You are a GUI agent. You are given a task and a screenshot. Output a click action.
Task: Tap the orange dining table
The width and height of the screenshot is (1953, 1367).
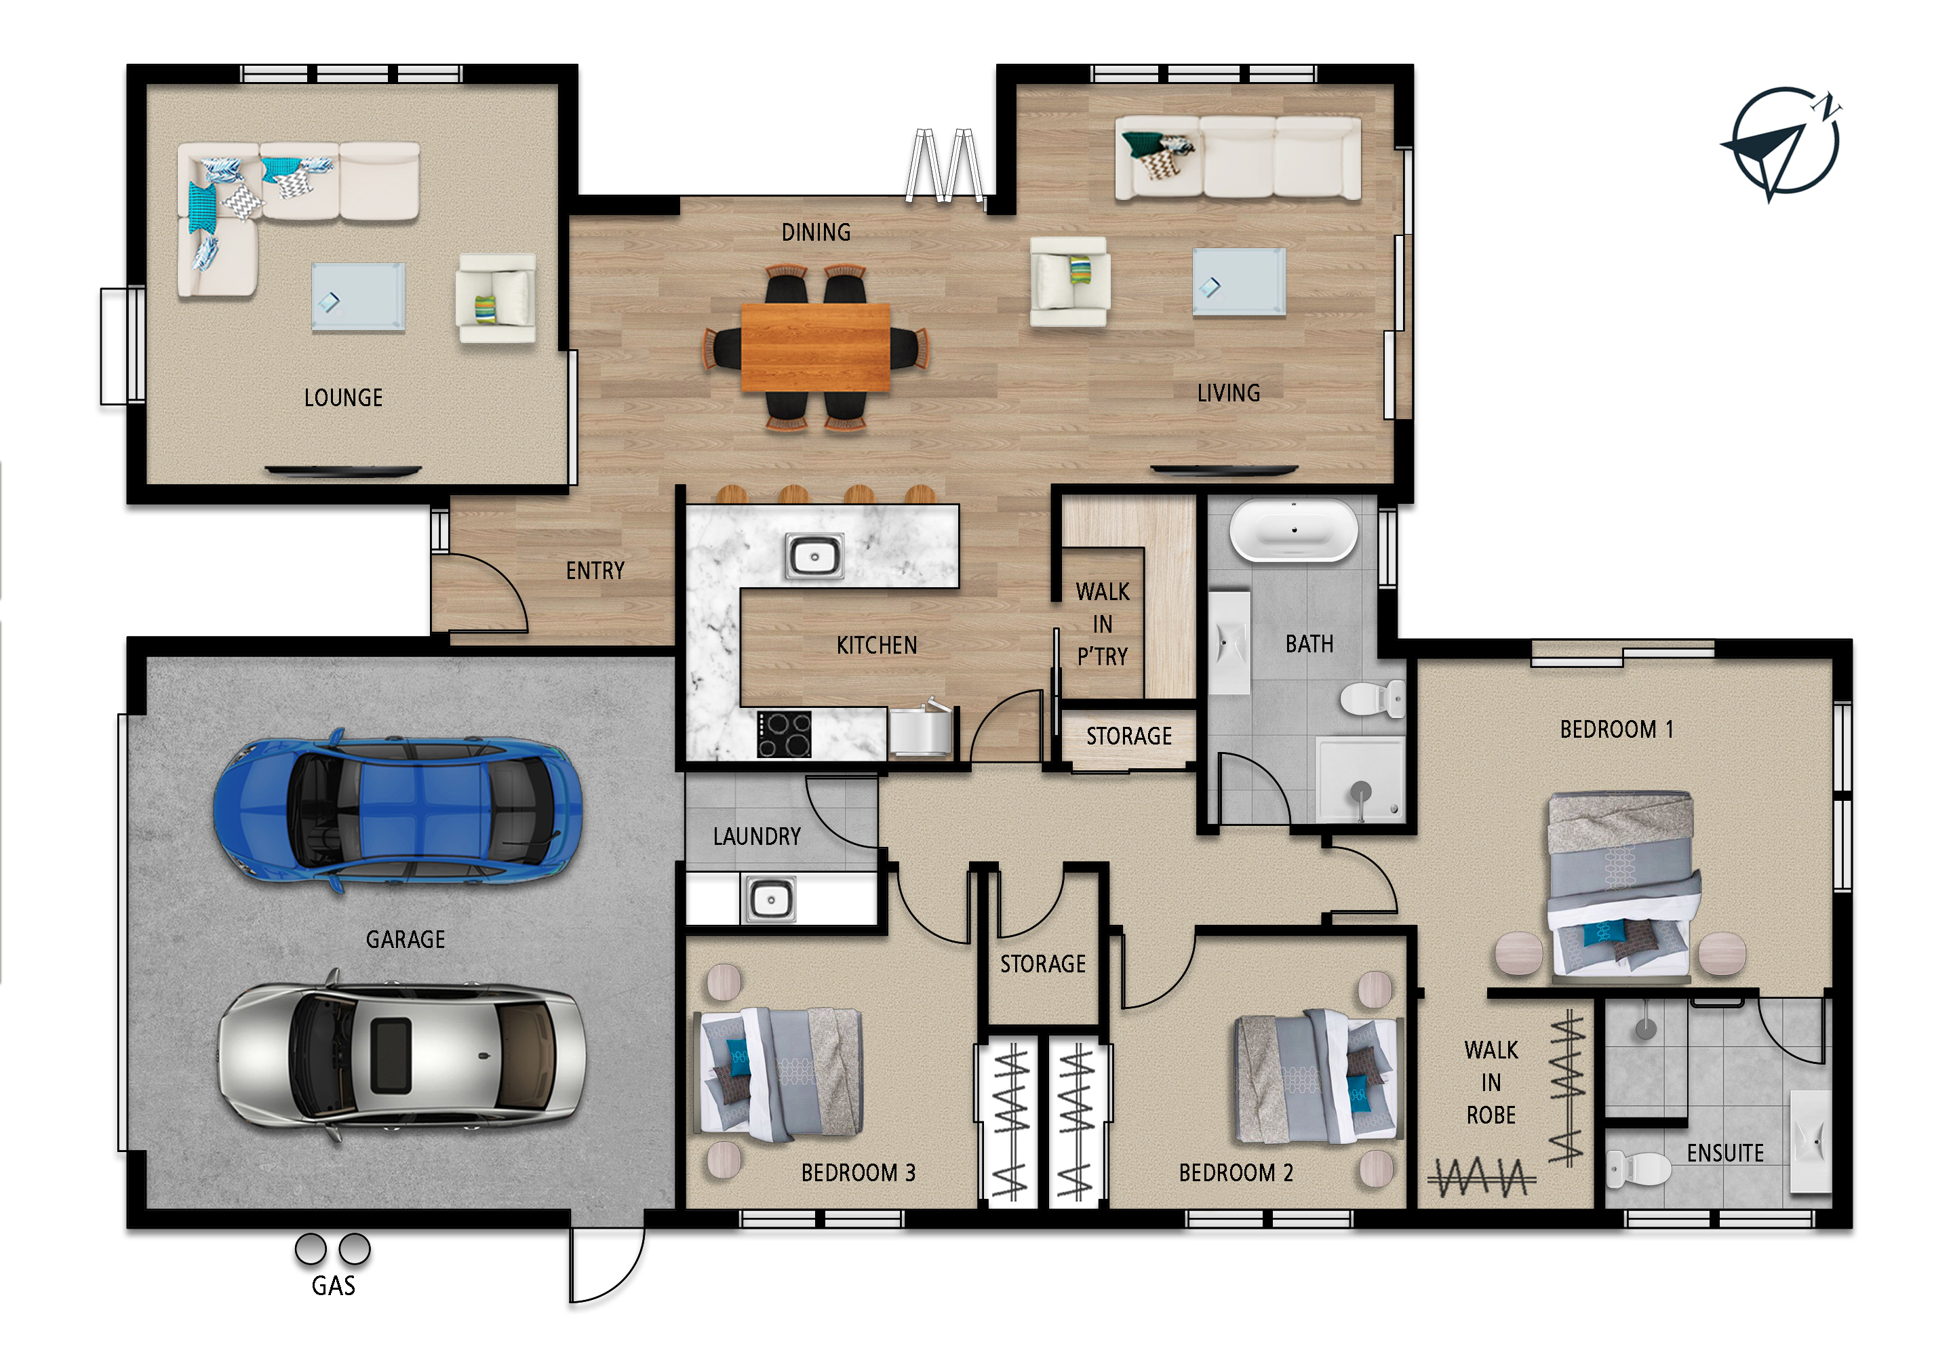tap(816, 347)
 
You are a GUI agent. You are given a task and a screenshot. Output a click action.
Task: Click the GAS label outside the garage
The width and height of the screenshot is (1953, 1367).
tap(334, 1286)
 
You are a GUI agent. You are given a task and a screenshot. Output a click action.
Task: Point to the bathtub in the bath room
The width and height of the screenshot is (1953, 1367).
tap(1294, 530)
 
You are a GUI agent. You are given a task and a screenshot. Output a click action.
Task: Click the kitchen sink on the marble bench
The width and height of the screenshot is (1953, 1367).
tap(814, 556)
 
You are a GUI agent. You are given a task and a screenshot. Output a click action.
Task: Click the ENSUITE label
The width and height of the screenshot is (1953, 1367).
tap(1725, 1153)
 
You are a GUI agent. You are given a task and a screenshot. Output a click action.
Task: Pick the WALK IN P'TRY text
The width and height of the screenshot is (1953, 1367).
tap(1103, 624)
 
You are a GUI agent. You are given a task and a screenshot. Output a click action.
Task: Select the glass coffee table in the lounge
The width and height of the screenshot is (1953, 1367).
tap(358, 296)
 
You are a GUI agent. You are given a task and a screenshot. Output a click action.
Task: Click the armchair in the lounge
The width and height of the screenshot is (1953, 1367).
tap(496, 298)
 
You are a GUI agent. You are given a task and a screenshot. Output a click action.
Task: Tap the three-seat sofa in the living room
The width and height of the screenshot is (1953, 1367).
tap(1238, 158)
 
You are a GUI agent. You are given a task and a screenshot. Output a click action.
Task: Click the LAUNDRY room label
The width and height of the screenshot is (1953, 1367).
tap(757, 836)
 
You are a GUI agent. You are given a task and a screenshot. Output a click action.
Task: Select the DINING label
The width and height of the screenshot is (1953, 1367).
tap(816, 231)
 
